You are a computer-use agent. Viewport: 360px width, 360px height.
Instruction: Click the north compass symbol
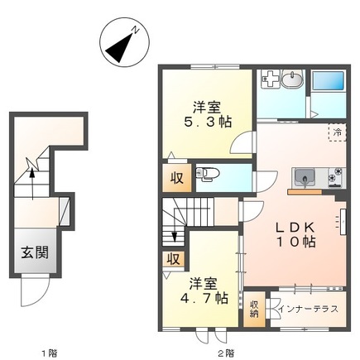124,42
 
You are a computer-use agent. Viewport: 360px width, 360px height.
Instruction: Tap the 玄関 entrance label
35,252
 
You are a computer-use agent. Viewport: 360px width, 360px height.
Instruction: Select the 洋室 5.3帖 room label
208,114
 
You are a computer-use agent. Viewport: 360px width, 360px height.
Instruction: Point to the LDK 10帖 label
295,234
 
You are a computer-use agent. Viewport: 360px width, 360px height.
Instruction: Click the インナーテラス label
309,309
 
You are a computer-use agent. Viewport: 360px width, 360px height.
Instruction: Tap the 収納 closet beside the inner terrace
254,310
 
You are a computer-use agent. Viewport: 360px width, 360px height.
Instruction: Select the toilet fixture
207,175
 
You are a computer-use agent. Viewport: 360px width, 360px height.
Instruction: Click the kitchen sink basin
305,178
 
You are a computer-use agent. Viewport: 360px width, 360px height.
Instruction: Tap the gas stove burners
336,178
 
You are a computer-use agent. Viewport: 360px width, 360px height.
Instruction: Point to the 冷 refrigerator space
337,132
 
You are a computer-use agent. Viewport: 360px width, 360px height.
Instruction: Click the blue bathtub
328,81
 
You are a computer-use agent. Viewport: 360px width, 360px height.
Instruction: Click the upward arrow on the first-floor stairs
32,183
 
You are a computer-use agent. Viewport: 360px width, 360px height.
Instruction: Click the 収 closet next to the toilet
176,178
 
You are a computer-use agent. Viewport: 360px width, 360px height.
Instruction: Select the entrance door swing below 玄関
36,291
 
